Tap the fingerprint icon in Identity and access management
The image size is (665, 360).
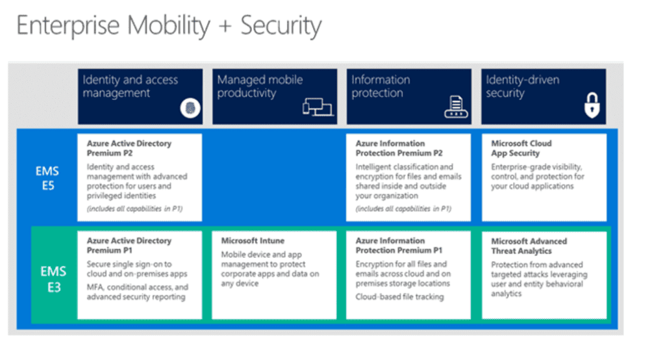(x=190, y=109)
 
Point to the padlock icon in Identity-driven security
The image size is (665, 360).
(x=591, y=105)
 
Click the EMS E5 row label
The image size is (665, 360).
(x=47, y=177)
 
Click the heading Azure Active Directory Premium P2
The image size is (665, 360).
(x=129, y=148)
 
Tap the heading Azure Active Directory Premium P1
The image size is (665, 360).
(x=129, y=246)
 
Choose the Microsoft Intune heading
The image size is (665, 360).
(x=253, y=241)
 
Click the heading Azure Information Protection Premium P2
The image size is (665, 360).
(x=399, y=148)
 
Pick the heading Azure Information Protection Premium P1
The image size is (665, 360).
(x=399, y=246)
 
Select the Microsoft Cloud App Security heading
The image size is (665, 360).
(x=521, y=148)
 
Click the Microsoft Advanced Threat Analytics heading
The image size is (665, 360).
(x=529, y=246)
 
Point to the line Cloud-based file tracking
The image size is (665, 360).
(x=399, y=297)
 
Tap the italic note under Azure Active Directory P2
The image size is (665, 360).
(x=135, y=209)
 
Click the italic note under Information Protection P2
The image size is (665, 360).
(x=403, y=209)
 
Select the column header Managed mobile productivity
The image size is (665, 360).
(x=260, y=86)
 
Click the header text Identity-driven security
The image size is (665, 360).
(x=522, y=86)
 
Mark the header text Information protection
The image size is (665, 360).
(x=381, y=86)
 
